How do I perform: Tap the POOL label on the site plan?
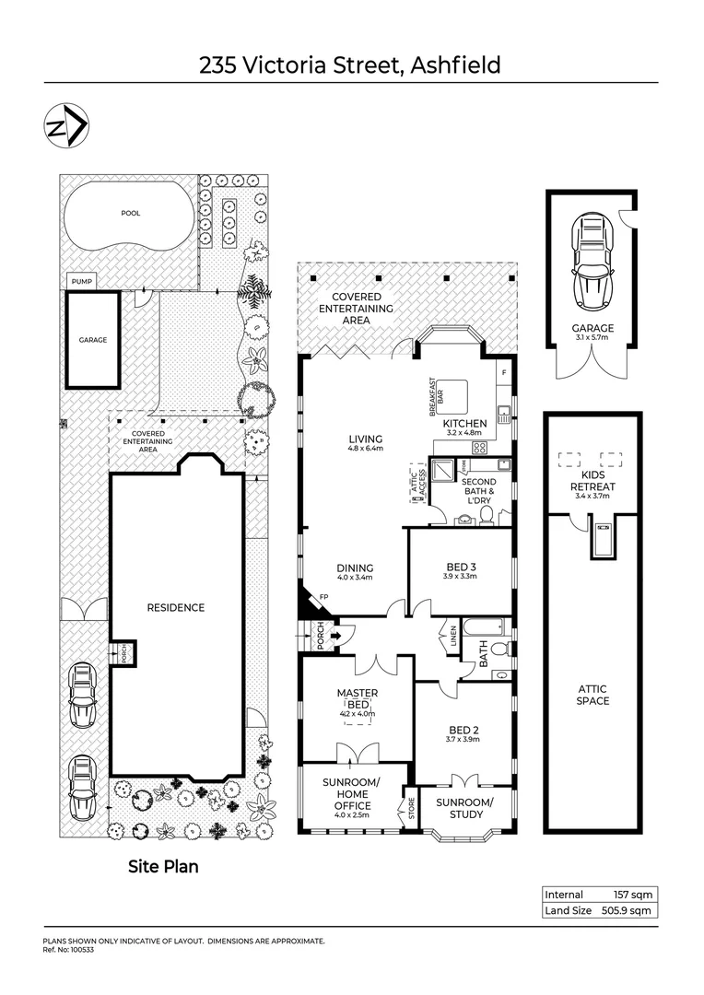131,213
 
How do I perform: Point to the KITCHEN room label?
464,423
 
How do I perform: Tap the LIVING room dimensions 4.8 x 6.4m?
366,449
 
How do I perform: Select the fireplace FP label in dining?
323,597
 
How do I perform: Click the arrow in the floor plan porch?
335,635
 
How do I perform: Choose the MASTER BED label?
357,698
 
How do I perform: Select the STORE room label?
411,812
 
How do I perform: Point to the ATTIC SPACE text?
593,695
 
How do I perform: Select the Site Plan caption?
162,867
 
